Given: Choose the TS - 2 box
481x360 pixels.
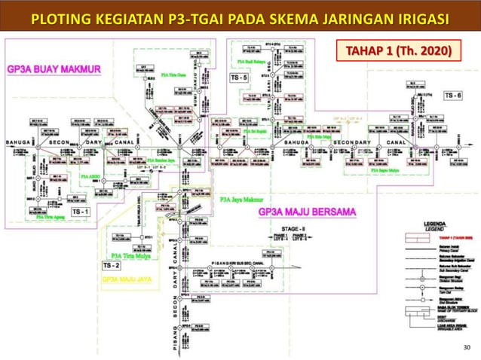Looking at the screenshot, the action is [112, 266].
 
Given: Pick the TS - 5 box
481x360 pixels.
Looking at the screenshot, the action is [240, 78].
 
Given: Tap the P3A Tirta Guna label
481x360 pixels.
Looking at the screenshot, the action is [176, 76].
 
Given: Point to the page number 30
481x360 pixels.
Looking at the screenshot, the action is [465, 346].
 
